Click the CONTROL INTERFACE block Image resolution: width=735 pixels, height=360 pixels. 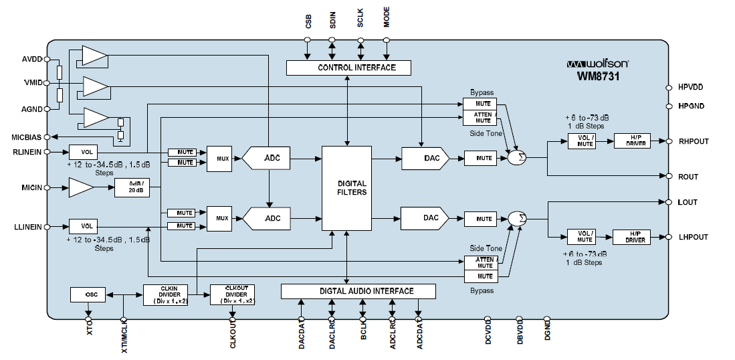pyautogui.click(x=348, y=68)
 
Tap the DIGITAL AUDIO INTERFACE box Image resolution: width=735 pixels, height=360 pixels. pyautogui.click(x=358, y=291)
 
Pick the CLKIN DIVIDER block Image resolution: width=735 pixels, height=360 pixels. pyautogui.click(x=166, y=294)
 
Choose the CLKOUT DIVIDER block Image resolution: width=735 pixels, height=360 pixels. pyautogui.click(x=233, y=294)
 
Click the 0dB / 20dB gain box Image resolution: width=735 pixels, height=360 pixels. pyautogui.click(x=132, y=188)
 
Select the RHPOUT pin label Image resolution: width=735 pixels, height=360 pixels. pyautogui.click(x=693, y=141)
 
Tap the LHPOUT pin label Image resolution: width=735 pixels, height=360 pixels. pyautogui.click(x=693, y=237)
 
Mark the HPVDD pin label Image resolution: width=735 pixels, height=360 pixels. pyautogui.click(x=690, y=88)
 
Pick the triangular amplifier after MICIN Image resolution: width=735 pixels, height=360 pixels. pyautogui.click(x=82, y=189)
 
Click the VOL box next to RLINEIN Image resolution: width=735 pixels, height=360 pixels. pyautogui.click(x=84, y=152)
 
